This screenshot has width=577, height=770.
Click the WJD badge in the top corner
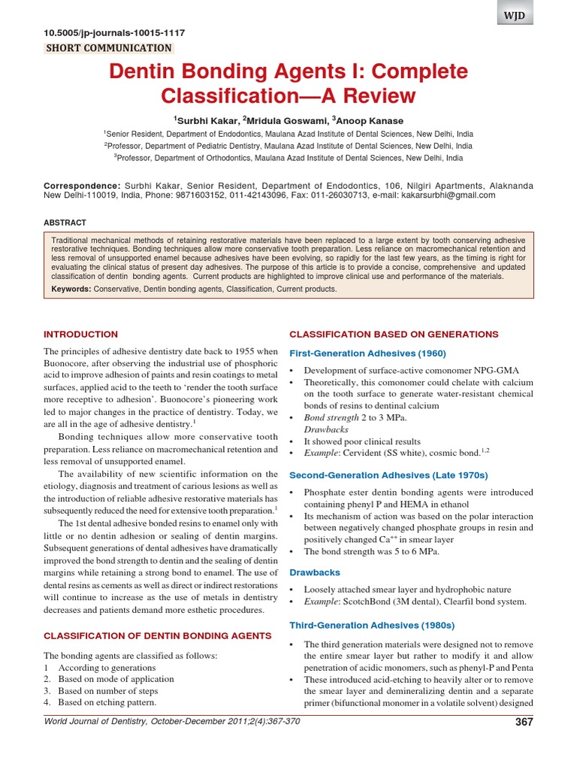click(x=515, y=16)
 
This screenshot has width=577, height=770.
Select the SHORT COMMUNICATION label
click(x=109, y=48)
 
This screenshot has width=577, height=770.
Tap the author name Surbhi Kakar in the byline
click(x=207, y=121)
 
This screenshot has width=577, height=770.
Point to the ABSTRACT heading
click(x=65, y=223)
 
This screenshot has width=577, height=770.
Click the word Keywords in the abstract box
click(x=71, y=289)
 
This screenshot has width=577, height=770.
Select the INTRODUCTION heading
click(x=80, y=334)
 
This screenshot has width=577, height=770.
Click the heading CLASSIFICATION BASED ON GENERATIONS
click(x=394, y=334)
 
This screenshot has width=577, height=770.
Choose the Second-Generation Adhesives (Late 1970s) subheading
click(x=388, y=475)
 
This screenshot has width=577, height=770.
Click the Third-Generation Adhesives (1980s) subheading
click(x=372, y=626)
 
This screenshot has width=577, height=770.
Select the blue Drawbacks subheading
click(x=315, y=573)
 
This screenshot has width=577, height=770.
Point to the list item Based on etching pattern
click(x=104, y=702)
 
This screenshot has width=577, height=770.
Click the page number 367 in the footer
click(x=524, y=723)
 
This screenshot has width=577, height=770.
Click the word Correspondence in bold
click(x=81, y=185)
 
